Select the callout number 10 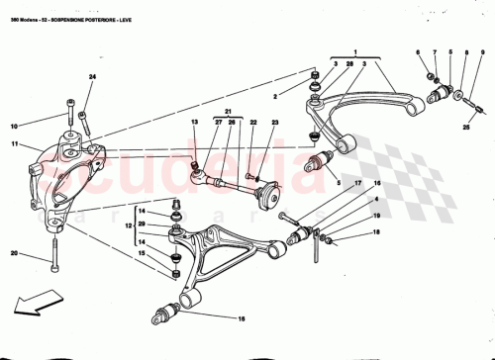click(14, 127)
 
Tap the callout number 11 click(14, 144)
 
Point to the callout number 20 click(14, 254)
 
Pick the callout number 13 click(195, 123)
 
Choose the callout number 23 click(275, 123)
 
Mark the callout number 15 click(141, 255)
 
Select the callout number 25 click(466, 129)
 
